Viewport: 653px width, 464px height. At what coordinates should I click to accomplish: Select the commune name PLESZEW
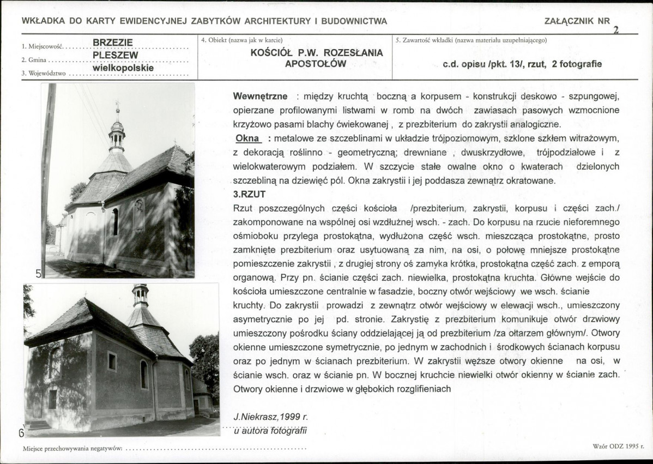pos(115,55)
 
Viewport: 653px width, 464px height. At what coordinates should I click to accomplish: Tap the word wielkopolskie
pos(123,69)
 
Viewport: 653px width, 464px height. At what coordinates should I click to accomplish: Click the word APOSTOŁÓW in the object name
pos(316,64)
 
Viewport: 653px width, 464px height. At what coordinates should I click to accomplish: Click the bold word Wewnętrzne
pos(260,97)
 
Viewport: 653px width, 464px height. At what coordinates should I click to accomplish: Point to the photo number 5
pos(39,274)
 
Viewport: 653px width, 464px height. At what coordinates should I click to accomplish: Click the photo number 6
pos(22,433)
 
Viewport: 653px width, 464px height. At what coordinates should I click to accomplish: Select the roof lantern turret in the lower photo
pos(140,296)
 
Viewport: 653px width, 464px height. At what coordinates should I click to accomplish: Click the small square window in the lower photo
pos(112,361)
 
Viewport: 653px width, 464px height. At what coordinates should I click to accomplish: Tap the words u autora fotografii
pos(270,431)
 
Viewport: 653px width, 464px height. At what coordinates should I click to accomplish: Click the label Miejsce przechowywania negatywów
pos(72,449)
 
